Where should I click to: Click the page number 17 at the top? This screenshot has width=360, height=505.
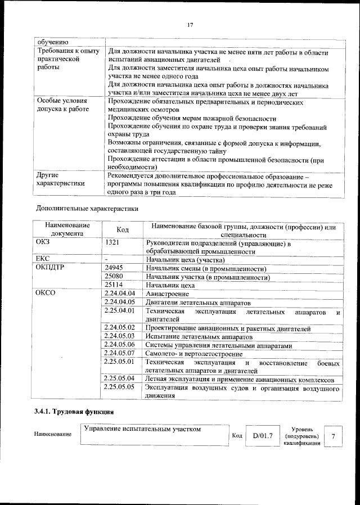(190, 25)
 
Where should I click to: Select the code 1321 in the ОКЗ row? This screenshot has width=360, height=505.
(111, 244)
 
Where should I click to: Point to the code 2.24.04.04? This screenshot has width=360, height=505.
(120, 294)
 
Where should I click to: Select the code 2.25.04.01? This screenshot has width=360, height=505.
(120, 310)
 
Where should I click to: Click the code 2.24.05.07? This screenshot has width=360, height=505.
(120, 353)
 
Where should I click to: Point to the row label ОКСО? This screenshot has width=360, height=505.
(46, 294)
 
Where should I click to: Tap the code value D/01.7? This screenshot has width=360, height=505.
(262, 435)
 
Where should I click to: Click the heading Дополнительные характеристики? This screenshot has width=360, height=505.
(87, 208)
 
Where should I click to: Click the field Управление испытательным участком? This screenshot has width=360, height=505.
(142, 429)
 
